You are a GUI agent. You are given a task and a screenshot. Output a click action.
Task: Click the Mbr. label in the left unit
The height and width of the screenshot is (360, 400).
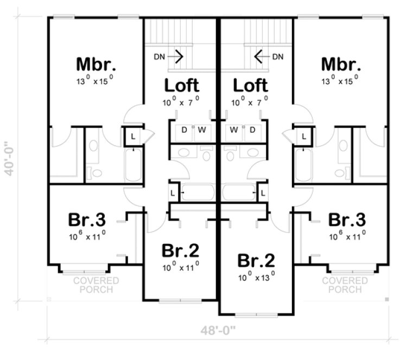tap(96, 65)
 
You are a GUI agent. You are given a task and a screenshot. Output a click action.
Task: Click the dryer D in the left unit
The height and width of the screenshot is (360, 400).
tap(184, 130)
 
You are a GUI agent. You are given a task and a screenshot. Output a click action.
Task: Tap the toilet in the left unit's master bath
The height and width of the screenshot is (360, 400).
tap(96, 173)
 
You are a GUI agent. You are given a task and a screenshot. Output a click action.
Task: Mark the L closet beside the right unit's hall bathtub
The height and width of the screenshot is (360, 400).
tap(263, 192)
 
